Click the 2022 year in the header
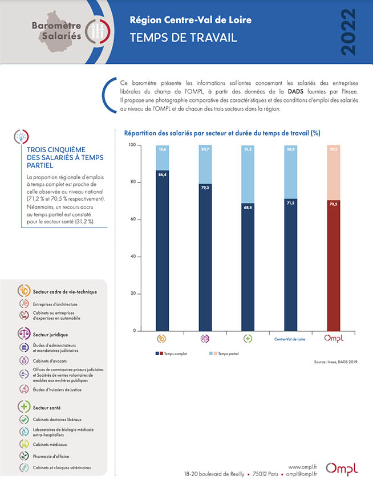pyautogui.click(x=348, y=32)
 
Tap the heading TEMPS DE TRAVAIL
pyautogui.click(x=184, y=38)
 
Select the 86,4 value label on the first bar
pyautogui.click(x=163, y=174)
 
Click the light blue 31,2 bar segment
pyautogui.click(x=248, y=174)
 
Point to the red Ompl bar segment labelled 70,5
pyautogui.click(x=334, y=266)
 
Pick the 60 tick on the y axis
pyautogui.click(x=133, y=219)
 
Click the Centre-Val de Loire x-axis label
pyautogui.click(x=290, y=339)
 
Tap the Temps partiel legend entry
pyautogui.click(x=224, y=354)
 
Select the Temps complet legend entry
pyautogui.click(x=171, y=354)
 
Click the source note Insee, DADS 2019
pyautogui.click(x=336, y=362)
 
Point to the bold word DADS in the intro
pyautogui.click(x=295, y=92)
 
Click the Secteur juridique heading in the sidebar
pyautogui.click(x=50, y=335)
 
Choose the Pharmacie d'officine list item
pyautogui.click(x=51, y=456)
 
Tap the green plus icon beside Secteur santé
pyautogui.click(x=24, y=407)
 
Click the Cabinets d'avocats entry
pyautogui.click(x=50, y=361)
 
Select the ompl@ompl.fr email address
pyautogui.click(x=301, y=474)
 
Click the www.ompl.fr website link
pyautogui.click(x=303, y=467)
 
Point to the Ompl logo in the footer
pyautogui.click(x=342, y=469)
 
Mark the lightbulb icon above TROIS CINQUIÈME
pyautogui.click(x=21, y=136)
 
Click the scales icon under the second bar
pyautogui.click(x=205, y=339)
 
